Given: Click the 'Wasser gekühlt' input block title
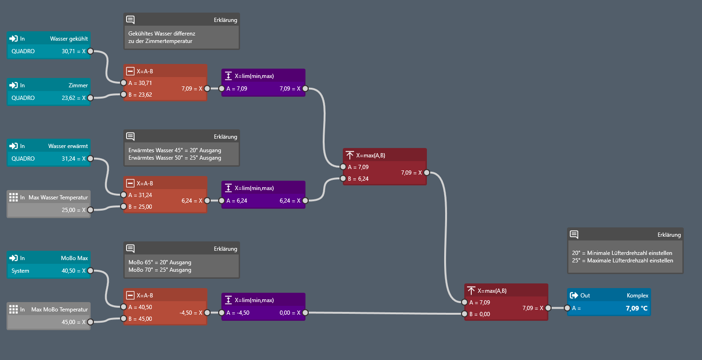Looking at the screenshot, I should pos(69,39).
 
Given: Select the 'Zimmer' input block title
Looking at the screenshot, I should pos(78,85).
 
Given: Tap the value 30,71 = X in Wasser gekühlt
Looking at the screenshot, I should pos(73,51).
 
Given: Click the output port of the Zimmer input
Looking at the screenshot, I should pos(91,98).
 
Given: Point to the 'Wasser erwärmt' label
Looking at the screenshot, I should pos(68,146).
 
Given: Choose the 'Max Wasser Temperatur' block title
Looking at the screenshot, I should pos(58,198).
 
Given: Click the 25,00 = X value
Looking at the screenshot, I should pos(73,210).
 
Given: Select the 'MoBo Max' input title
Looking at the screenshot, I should pos(74,258).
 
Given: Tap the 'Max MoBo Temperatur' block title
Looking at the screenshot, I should pos(59,310).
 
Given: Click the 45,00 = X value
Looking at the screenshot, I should pos(73,322).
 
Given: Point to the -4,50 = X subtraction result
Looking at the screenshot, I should pos(191,313).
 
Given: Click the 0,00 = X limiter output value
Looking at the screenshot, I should pos(290,313).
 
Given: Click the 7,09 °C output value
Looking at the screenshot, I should pos(637,308).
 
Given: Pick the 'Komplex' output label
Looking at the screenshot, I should pos(637,296).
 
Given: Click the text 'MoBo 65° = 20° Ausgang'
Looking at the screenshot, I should pos(160,262).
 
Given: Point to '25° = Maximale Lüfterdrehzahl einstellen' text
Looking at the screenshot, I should pos(622,261).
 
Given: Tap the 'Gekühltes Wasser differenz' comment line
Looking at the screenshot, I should pos(162,34).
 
